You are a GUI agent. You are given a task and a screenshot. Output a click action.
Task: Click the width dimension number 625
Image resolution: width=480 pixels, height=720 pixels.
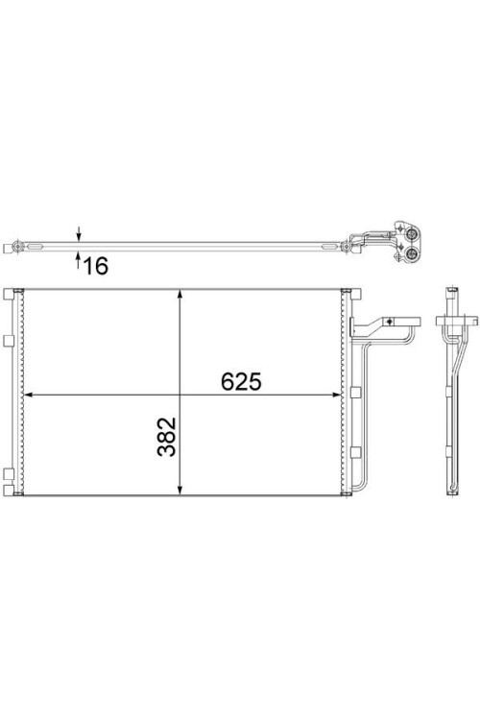tap(241, 381)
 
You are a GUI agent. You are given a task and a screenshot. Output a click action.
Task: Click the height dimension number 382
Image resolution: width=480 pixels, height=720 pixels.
tap(166, 436)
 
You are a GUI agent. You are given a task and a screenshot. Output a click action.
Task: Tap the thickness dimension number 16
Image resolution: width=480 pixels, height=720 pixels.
tap(96, 266)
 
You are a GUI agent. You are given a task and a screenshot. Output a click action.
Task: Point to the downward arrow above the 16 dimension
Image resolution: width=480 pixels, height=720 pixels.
tap(79, 233)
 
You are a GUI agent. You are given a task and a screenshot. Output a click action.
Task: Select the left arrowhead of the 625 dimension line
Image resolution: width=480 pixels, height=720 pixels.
tap(29, 394)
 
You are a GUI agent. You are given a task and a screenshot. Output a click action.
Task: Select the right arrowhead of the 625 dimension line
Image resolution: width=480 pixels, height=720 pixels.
tap(335, 394)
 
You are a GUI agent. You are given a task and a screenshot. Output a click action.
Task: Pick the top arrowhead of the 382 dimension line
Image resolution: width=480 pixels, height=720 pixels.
tap(180, 296)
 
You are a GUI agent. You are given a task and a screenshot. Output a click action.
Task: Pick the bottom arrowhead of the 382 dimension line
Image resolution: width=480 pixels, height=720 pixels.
tap(180, 489)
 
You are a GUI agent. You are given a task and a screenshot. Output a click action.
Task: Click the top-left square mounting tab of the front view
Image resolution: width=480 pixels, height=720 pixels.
tap(9, 294)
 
